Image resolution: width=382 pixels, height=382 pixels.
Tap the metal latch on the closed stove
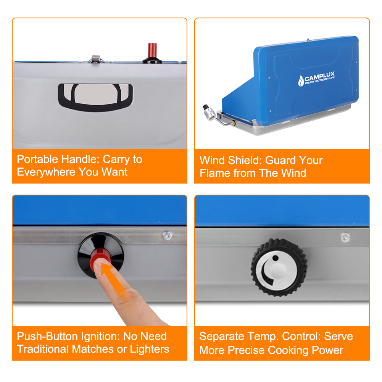click(x=96, y=60)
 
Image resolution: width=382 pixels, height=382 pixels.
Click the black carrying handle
click(x=95, y=97)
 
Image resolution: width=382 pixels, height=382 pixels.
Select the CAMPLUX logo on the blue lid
click(x=316, y=79)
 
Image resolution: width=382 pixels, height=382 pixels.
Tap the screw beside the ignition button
click(x=168, y=235)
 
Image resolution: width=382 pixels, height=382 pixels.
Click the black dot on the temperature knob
click(x=275, y=258)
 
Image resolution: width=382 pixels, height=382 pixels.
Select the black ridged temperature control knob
click(x=279, y=268)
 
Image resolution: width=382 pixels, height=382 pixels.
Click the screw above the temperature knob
click(x=345, y=237)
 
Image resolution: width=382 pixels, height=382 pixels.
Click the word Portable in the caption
click(x=37, y=159)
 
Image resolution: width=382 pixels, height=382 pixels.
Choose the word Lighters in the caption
click(x=149, y=349)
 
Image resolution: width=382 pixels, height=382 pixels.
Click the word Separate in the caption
click(x=221, y=337)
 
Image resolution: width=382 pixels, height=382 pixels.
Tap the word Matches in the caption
click(x=93, y=349)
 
